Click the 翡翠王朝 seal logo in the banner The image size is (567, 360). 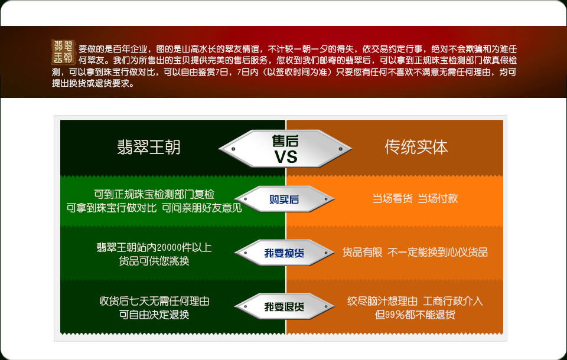pyautogui.click(x=63, y=52)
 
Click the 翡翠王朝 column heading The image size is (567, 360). pyautogui.click(x=149, y=148)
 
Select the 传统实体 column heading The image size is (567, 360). pyautogui.click(x=416, y=147)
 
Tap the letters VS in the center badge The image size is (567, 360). pyautogui.click(x=286, y=157)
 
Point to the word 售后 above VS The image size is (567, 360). pyautogui.click(x=285, y=140)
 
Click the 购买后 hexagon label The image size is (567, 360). pyautogui.click(x=284, y=199)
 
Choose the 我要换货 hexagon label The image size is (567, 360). pyautogui.click(x=284, y=253)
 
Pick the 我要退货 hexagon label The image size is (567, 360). pyautogui.click(x=284, y=307)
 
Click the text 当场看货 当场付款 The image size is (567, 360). pyautogui.click(x=415, y=198)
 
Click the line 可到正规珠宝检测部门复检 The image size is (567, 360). pyautogui.click(x=154, y=194)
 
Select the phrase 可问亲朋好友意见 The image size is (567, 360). pyautogui.click(x=202, y=208)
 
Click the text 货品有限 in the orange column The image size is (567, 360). pyautogui.click(x=362, y=252)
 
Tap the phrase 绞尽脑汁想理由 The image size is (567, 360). pyautogui.click(x=382, y=301)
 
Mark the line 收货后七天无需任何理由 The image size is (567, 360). pyautogui.click(x=154, y=301)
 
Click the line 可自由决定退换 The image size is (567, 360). pyautogui.click(x=154, y=315)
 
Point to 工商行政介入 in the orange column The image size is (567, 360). pyautogui.click(x=453, y=301)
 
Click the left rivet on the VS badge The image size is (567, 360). pyautogui.click(x=233, y=149)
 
